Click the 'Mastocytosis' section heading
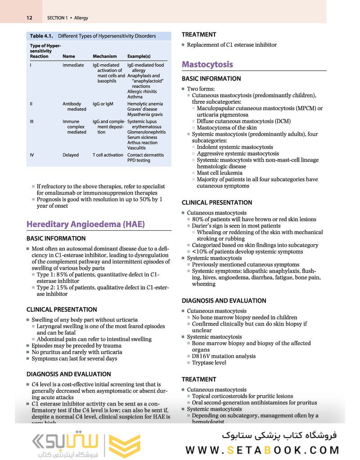pos(207,64)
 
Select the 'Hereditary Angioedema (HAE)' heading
pos(85,224)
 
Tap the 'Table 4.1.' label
pos(42,36)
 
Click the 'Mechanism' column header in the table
pos(104,56)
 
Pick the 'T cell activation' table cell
pos(108,155)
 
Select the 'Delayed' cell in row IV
pos(70,155)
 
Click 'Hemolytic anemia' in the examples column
pos(145,104)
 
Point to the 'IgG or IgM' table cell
pos(103,104)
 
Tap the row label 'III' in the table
pos(32,121)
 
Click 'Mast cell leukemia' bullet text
pos(220,173)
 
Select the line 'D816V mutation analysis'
pos(224,356)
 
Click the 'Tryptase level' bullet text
pos(209,362)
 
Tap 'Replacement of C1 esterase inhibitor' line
pos(232,45)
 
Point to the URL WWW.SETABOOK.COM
pos(262,450)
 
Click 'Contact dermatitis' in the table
pos(145,155)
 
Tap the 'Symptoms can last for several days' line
pos(74,358)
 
